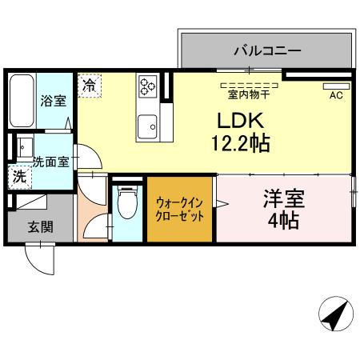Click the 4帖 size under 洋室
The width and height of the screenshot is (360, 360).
tap(284, 220)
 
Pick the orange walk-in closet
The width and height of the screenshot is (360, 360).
tap(179, 211)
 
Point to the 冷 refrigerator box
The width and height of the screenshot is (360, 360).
tap(90, 84)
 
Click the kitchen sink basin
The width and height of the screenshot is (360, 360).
tap(147, 125)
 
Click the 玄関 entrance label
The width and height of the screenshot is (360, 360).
tap(41, 227)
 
